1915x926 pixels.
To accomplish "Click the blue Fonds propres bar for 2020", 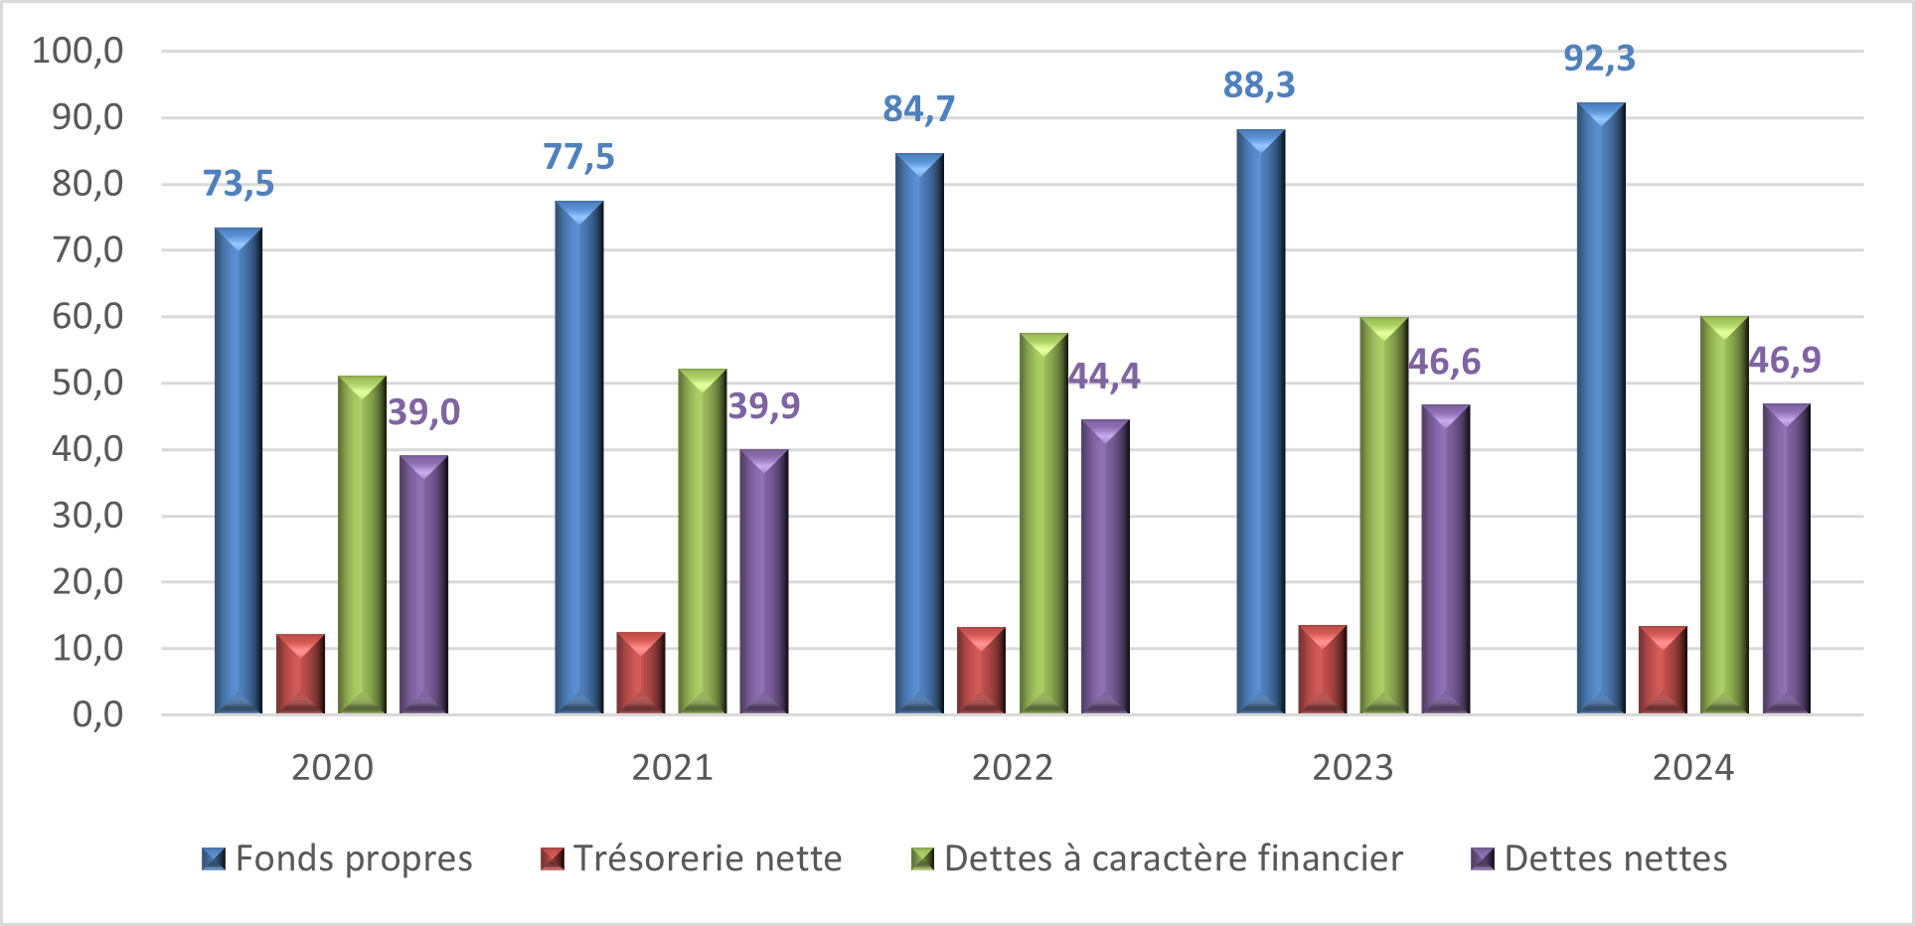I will (239, 472).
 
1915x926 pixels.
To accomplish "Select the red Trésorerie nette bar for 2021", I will (641, 673).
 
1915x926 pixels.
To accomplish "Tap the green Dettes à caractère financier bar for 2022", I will (1043, 524).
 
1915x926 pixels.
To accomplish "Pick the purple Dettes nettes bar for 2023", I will (1446, 559).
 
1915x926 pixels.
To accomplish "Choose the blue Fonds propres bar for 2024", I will (1601, 408).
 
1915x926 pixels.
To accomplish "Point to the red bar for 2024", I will (1663, 670).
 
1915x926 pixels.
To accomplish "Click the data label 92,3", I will (1599, 59).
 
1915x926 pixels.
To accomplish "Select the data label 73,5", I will (239, 184).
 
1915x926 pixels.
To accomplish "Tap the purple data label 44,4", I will (1104, 377).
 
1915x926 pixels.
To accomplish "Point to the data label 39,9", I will (764, 406).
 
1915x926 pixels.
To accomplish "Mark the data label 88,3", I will (1259, 85).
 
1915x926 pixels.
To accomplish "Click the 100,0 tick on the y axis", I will (79, 51).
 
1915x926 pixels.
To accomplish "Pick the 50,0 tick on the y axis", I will (87, 384).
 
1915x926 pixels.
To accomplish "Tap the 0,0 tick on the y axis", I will (97, 714).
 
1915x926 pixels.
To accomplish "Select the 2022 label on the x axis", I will (1013, 768).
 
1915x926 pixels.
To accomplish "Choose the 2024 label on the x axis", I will (1693, 768).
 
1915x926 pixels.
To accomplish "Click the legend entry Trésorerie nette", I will (692, 858).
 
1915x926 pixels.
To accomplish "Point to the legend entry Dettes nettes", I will (1600, 858).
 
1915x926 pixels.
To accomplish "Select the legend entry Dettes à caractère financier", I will (1158, 858).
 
